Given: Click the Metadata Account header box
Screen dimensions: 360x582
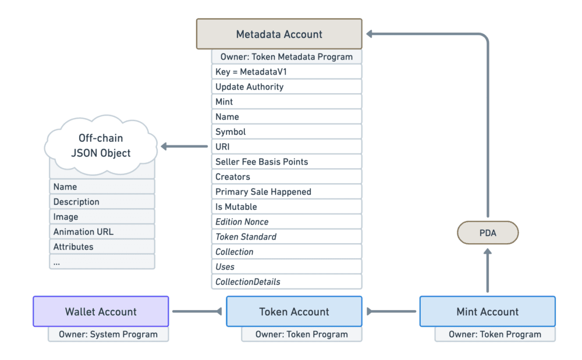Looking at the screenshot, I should click(x=279, y=34).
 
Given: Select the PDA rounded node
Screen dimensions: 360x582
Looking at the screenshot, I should click(x=487, y=233).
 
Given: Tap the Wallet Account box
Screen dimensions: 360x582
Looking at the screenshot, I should click(x=101, y=312).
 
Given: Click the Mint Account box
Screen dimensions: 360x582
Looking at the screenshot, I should click(x=487, y=312).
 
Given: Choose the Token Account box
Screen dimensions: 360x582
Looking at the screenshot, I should click(x=294, y=312).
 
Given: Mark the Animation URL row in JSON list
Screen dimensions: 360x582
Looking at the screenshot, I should click(x=102, y=231).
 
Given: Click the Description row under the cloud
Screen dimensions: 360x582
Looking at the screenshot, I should click(x=102, y=202).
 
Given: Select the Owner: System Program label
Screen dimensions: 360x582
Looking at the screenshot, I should click(x=108, y=334).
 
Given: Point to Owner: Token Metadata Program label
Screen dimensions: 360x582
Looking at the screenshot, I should click(x=286, y=57).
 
